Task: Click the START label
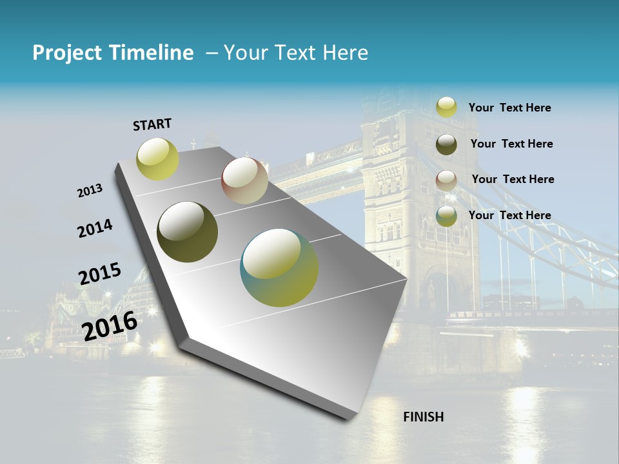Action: (152, 124)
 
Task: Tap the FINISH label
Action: (423, 417)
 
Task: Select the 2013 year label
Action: (90, 191)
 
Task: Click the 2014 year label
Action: (95, 228)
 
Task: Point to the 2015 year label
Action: (99, 273)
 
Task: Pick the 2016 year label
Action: (110, 325)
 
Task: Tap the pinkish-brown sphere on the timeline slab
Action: (244, 180)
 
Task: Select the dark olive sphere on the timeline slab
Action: (187, 232)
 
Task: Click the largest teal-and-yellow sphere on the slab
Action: (279, 267)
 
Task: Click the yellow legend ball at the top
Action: (446, 107)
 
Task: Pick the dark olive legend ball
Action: (446, 144)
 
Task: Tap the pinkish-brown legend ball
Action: (446, 180)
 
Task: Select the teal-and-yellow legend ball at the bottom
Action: (446, 217)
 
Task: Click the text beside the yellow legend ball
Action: (509, 108)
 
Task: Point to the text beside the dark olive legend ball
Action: (511, 144)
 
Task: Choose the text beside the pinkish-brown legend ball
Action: (513, 179)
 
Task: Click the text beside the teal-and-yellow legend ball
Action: (509, 215)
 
